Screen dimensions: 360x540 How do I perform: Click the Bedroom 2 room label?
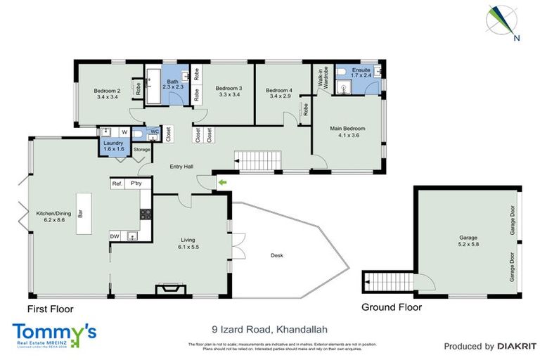tap(108, 94)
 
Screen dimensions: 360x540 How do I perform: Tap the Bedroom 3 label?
tap(229, 91)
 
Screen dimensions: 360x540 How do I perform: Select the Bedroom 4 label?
tap(279, 94)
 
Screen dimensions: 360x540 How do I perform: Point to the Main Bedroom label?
tap(348, 131)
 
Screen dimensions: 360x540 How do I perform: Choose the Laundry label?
tap(113, 146)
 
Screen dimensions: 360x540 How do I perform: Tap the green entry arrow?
tap(223, 184)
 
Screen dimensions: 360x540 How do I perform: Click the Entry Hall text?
tap(182, 167)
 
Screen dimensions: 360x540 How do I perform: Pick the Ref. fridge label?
tap(117, 184)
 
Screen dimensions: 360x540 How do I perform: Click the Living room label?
tap(188, 243)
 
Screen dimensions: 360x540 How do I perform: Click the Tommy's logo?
tap(54, 333)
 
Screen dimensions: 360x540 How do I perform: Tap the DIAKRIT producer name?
tap(517, 346)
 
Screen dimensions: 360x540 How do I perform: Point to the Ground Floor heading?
tap(391, 307)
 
